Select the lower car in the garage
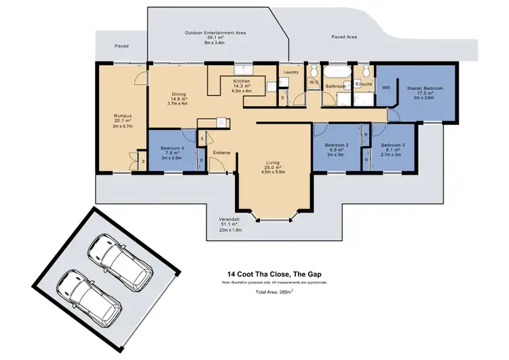94,294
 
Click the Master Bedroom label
425,89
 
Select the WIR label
385,88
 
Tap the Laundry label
292,72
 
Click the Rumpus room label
123,115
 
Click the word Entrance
222,153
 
